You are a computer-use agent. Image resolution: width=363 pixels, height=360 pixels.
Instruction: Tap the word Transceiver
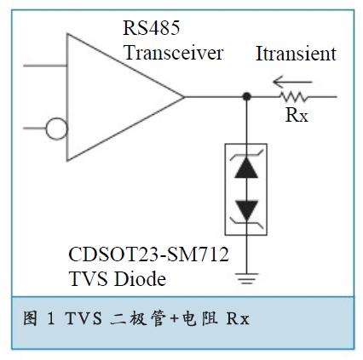pyautogui.click(x=173, y=53)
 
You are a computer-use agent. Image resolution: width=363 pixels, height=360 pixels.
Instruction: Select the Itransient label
pyautogui.click(x=296, y=54)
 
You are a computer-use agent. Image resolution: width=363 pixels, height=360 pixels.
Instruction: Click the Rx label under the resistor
pyautogui.click(x=297, y=116)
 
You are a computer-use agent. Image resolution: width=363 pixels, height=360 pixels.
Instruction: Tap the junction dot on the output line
pyautogui.click(x=246, y=97)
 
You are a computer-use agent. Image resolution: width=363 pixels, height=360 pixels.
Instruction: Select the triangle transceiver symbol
pyautogui.click(x=120, y=96)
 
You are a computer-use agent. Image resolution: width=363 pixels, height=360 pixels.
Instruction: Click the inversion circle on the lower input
pyautogui.click(x=56, y=129)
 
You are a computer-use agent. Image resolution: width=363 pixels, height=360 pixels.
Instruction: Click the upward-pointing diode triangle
pyautogui.click(x=246, y=168)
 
